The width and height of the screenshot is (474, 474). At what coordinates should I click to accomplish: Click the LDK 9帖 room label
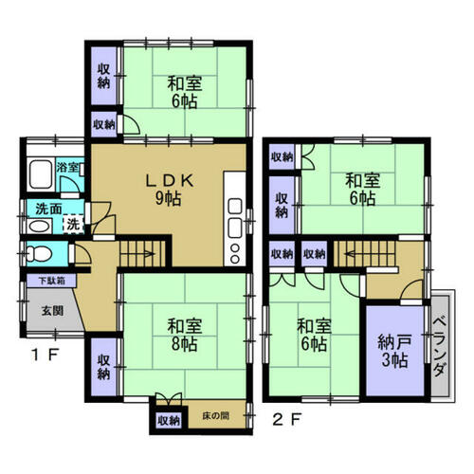coord(169,190)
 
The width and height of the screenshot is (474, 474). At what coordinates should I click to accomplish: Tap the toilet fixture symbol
coord(39,253)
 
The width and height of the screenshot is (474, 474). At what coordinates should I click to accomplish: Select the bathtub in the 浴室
coord(40,174)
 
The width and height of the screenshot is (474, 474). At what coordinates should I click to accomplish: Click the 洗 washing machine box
coord(73,224)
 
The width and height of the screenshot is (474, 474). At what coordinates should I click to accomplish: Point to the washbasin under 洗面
coord(40,227)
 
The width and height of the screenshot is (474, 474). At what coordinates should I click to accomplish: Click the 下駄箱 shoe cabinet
coord(51,281)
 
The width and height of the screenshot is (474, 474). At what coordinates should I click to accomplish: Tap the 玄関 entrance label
coord(52,311)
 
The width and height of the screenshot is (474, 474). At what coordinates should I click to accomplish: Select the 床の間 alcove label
coord(216,415)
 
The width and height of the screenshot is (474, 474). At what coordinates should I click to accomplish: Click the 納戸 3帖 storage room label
coord(394,351)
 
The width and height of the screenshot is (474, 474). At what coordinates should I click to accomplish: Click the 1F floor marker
coord(46,355)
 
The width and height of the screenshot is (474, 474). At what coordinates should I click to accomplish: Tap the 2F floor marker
coord(286,419)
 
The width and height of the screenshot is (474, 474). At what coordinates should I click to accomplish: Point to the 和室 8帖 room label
coord(185,335)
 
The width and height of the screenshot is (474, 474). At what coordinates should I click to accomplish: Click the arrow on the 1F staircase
coord(146,253)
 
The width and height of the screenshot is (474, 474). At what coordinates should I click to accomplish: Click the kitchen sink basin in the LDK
coord(235,227)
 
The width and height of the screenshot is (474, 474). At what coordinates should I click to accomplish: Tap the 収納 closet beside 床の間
coord(169,420)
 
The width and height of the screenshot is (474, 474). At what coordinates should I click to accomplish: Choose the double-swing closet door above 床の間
coord(169,399)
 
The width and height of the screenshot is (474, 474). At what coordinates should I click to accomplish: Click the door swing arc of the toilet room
coord(82,254)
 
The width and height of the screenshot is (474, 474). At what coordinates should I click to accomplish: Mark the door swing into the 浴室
coord(70,183)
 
